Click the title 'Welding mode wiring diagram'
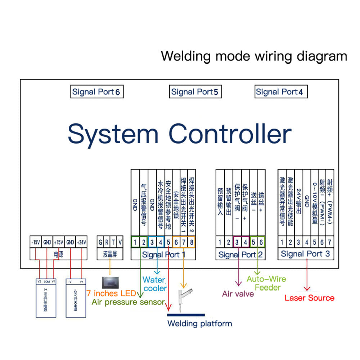point(254,57)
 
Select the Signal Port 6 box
point(96,92)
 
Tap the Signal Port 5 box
point(195,92)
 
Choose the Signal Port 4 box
point(279,92)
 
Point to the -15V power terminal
point(36,243)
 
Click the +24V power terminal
point(81,243)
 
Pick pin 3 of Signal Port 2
point(237,242)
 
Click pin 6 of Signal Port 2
point(261,242)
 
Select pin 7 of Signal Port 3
point(329,242)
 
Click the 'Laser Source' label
point(309,298)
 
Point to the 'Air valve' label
point(238,294)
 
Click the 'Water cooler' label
point(155,284)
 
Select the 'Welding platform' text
point(199,323)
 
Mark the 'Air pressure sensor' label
point(128,302)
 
